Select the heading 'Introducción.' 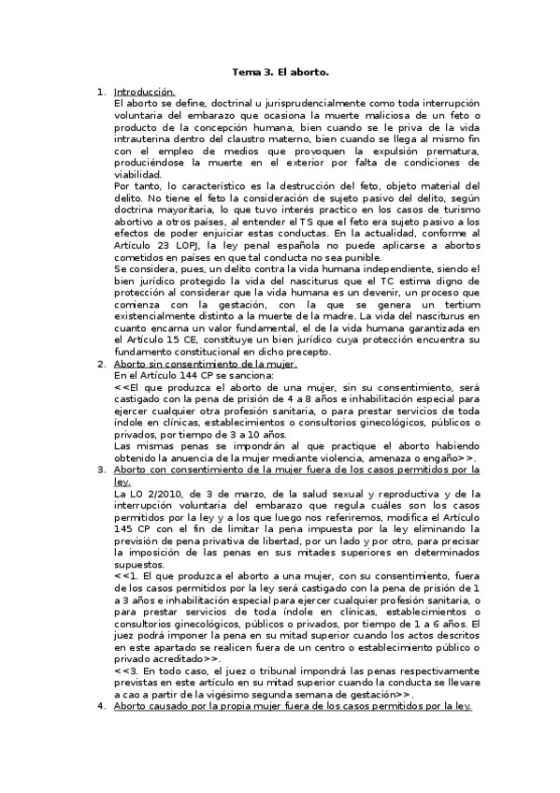144,93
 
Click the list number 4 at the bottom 102,706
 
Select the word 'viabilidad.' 137,173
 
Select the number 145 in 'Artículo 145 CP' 124,527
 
